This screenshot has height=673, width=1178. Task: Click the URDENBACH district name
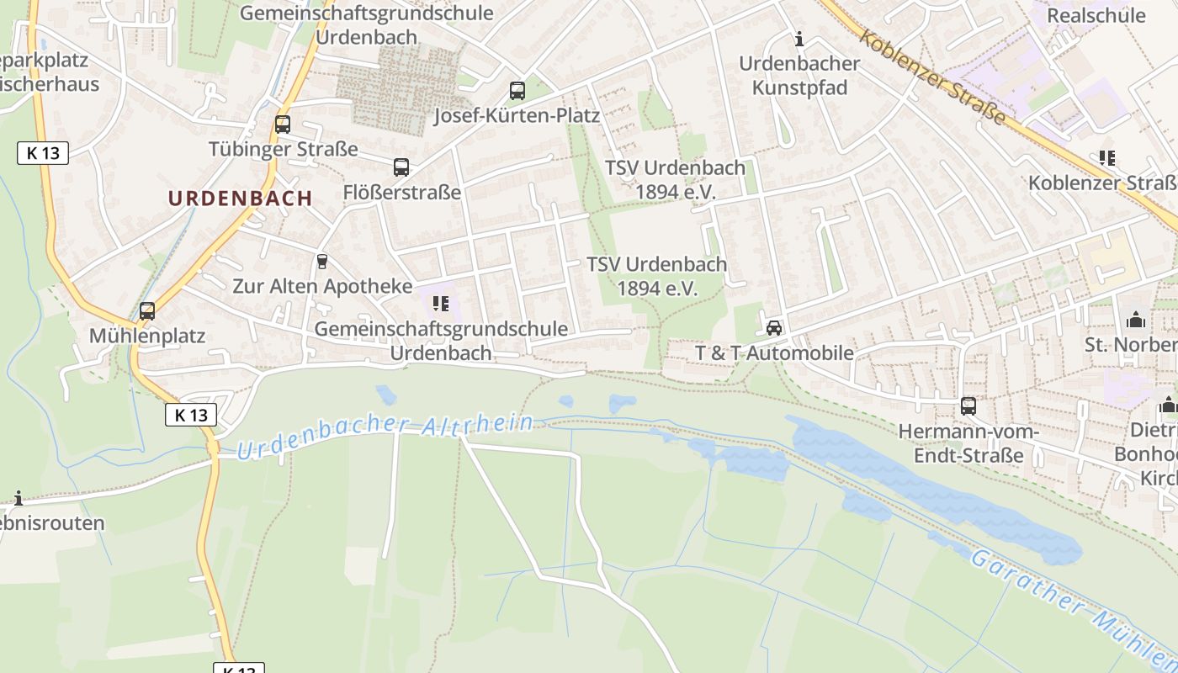(x=240, y=199)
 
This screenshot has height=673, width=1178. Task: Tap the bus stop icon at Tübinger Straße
(x=283, y=125)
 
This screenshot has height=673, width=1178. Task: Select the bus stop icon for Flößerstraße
(x=401, y=167)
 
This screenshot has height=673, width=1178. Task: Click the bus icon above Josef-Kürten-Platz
(x=517, y=91)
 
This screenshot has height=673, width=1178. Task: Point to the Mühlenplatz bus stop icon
(x=147, y=311)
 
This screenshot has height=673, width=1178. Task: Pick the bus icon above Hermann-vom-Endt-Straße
(x=968, y=406)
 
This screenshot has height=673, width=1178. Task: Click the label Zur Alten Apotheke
(x=322, y=286)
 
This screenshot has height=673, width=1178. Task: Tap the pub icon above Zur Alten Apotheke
(x=321, y=262)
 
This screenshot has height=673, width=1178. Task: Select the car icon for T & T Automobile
(x=774, y=328)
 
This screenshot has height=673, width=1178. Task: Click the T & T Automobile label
(x=774, y=353)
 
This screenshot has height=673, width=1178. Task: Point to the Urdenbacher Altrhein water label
(x=385, y=435)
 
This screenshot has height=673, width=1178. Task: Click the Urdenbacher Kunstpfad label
(x=799, y=76)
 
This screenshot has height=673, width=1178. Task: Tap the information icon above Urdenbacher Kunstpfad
(x=799, y=39)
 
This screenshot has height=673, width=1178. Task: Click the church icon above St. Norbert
(x=1135, y=320)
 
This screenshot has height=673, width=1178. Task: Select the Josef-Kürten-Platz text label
(x=517, y=115)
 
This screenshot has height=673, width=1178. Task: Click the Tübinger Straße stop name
(x=283, y=150)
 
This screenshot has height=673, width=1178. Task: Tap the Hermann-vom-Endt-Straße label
(x=968, y=443)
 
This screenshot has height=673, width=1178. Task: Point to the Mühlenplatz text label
(x=147, y=336)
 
